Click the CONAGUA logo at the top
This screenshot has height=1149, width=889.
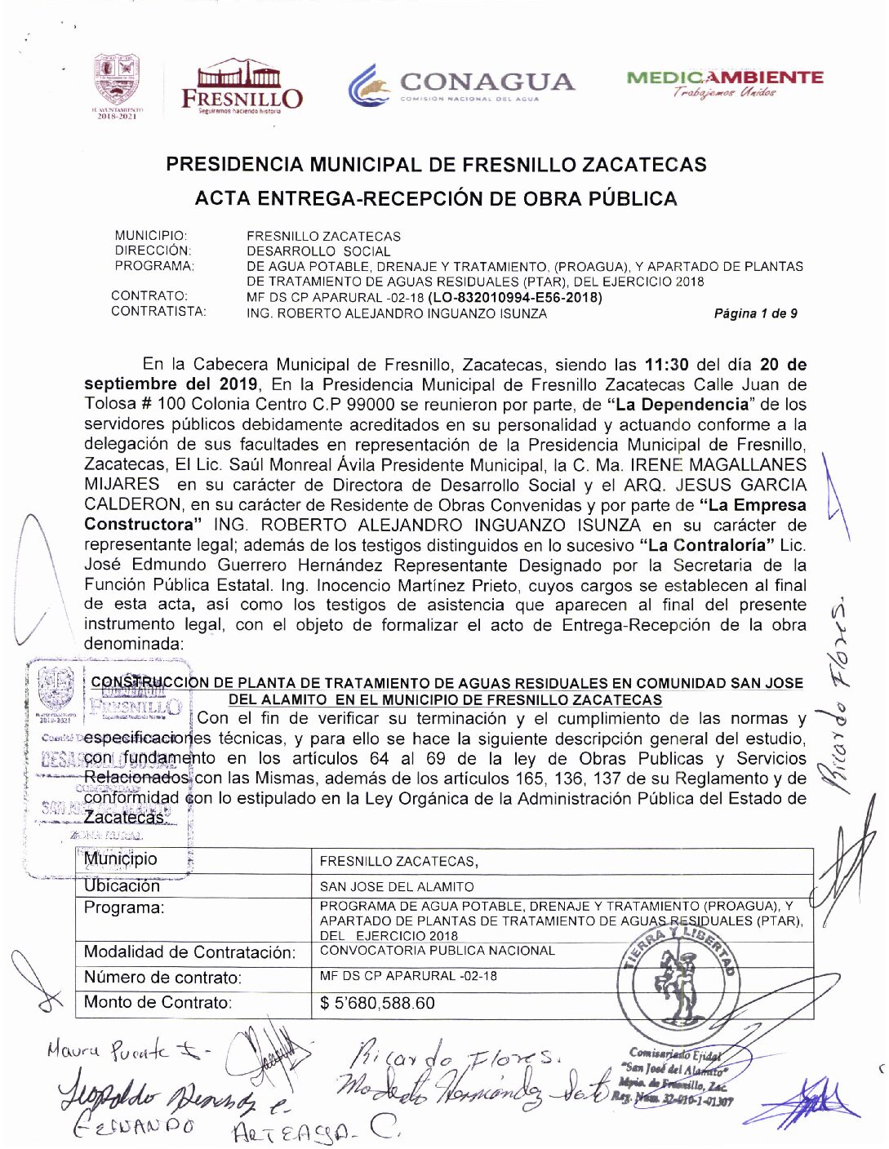click(461, 86)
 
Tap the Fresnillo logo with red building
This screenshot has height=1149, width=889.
click(242, 86)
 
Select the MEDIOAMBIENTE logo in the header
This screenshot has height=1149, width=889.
click(725, 82)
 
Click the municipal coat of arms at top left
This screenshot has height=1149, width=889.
click(117, 85)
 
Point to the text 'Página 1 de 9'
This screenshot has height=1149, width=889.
click(755, 313)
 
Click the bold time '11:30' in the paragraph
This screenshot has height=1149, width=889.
click(666, 365)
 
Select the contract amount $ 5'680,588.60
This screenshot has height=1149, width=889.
click(378, 1003)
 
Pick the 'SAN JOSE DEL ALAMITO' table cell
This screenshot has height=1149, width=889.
click(397, 886)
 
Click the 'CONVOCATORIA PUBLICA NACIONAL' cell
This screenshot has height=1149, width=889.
click(437, 951)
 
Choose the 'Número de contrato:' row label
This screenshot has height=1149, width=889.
click(162, 978)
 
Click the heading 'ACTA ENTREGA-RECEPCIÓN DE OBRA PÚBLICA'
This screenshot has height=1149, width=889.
click(436, 198)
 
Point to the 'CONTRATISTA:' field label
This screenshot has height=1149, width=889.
click(158, 311)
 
